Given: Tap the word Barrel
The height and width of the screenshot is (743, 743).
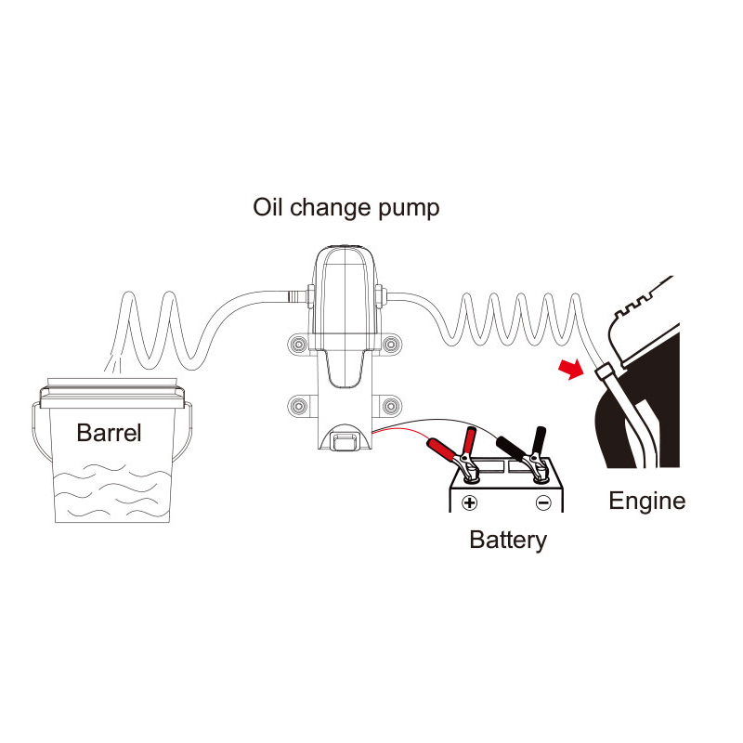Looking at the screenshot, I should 110,432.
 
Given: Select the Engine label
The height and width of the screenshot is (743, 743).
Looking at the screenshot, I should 646,502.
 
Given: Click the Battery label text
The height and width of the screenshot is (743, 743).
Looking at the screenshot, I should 508,540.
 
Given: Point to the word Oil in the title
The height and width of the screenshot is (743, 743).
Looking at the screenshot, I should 270,206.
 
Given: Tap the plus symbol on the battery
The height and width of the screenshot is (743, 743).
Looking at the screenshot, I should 470,502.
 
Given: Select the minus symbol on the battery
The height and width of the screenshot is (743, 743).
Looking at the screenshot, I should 543,502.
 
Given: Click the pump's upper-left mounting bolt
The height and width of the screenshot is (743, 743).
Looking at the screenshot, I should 298,345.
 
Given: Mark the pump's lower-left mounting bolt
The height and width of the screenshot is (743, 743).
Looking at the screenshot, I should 298,405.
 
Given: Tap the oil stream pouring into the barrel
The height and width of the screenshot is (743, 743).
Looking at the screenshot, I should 113,364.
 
